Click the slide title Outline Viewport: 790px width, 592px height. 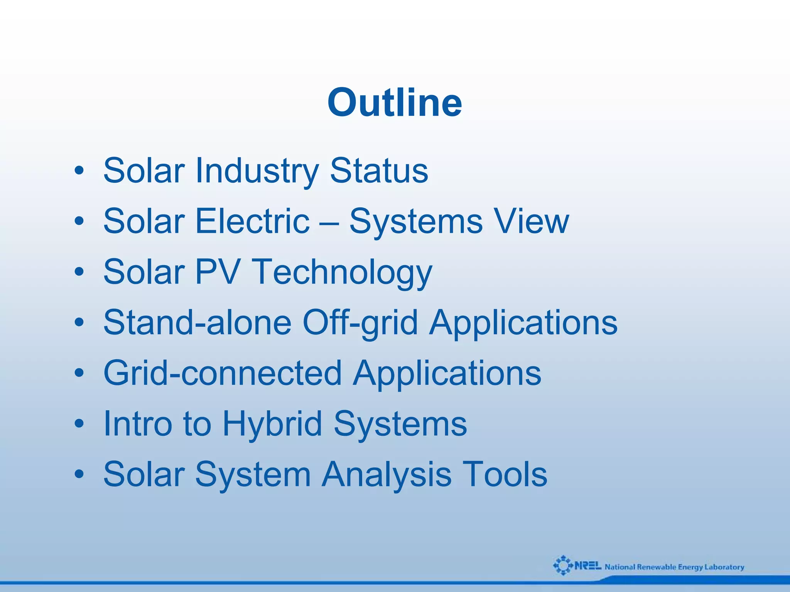(x=395, y=103)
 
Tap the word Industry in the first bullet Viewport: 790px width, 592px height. (x=257, y=171)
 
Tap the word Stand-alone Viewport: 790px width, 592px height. (x=197, y=322)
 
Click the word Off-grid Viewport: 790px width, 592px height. (x=360, y=323)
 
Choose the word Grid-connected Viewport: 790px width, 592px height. (x=223, y=373)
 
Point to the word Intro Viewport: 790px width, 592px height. (x=137, y=423)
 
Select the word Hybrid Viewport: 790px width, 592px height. (x=272, y=424)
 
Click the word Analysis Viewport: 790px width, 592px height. (x=387, y=475)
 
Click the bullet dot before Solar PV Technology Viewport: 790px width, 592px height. (x=79, y=272)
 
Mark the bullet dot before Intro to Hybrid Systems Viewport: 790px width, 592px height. (x=79, y=424)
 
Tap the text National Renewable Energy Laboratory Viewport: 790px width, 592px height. (x=674, y=567)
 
